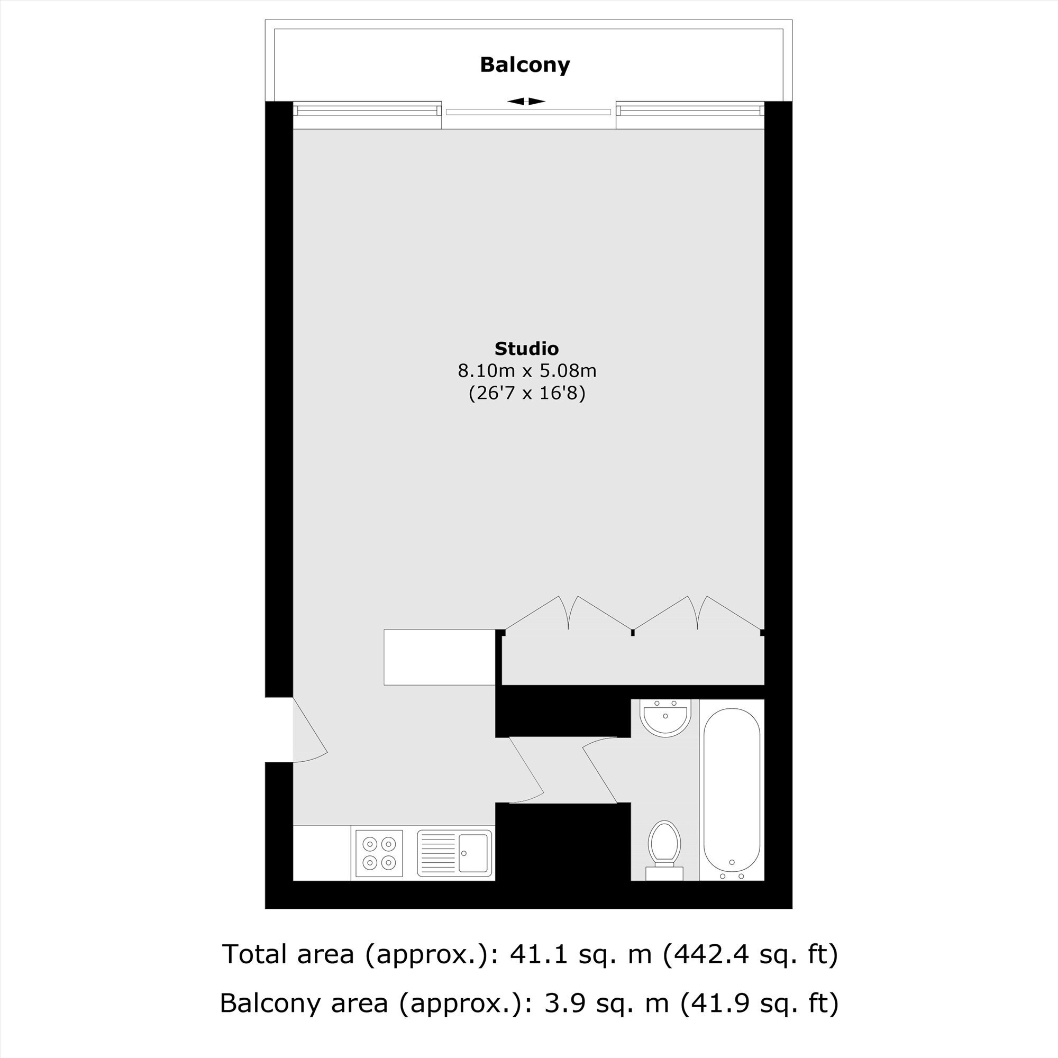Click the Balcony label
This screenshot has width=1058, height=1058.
(x=525, y=65)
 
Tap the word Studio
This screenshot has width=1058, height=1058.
(x=526, y=348)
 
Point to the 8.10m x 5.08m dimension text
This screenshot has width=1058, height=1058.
(x=527, y=371)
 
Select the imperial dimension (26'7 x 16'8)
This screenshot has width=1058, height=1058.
(x=527, y=393)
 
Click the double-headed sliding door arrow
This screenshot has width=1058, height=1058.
(x=526, y=102)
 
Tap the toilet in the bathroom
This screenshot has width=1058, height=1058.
(x=664, y=850)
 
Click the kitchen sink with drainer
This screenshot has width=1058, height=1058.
(x=454, y=853)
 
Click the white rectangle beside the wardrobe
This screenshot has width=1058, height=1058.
(x=439, y=657)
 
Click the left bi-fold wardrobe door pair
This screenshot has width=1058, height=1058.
(x=569, y=613)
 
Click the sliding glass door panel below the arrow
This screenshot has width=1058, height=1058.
(x=528, y=112)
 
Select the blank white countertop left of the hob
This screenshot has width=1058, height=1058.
(x=322, y=853)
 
